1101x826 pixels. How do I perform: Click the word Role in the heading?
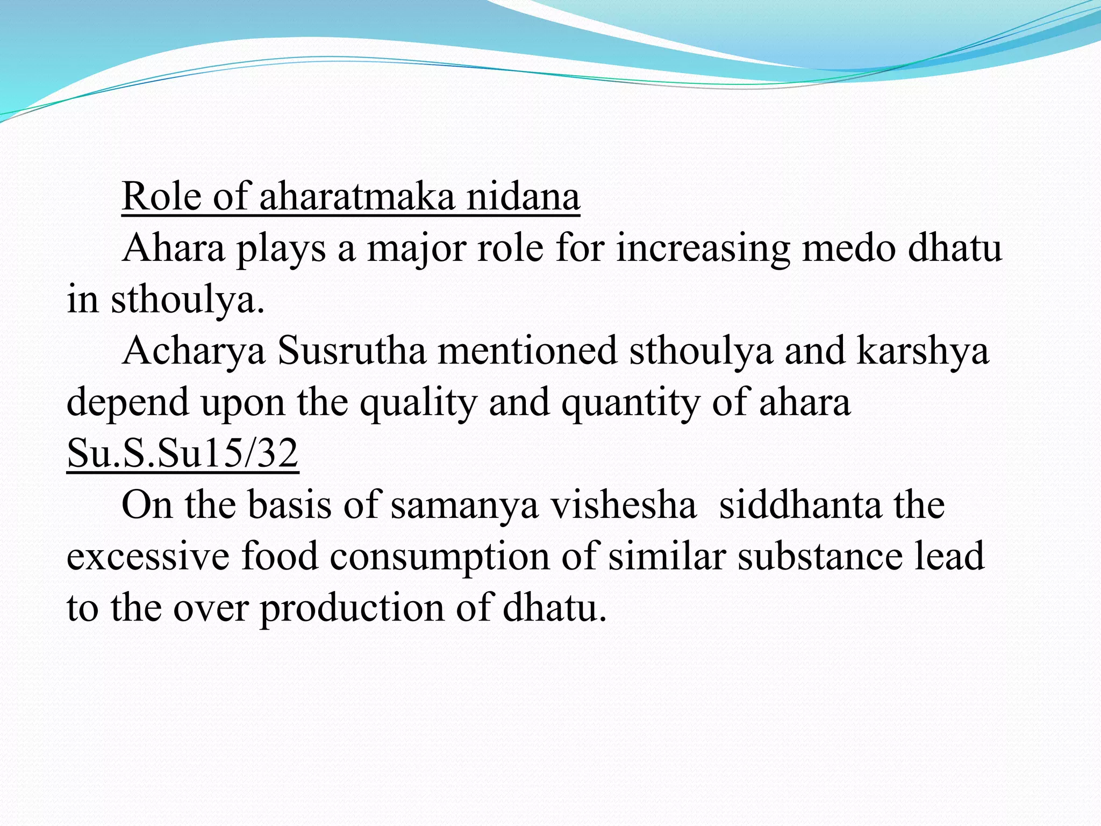(x=161, y=196)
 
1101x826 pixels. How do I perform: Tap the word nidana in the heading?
(x=523, y=196)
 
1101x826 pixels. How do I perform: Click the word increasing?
(x=703, y=248)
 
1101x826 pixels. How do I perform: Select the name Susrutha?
(x=352, y=351)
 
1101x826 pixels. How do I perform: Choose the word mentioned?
(x=527, y=351)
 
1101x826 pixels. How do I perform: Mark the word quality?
(x=418, y=403)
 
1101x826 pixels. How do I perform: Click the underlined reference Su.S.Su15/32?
(x=183, y=453)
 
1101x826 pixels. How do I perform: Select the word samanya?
(x=464, y=505)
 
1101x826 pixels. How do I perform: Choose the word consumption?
(x=439, y=557)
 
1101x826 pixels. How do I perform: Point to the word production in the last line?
(x=353, y=608)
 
